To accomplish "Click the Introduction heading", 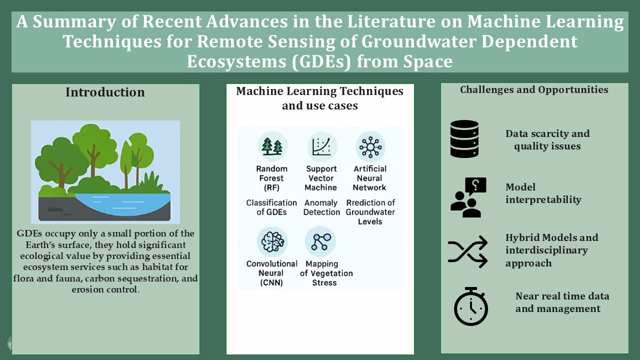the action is pos(105,92).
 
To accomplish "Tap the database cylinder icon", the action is pos(464,139).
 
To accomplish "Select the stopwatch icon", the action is pos(471,306).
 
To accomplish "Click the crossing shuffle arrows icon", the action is pos(467,251).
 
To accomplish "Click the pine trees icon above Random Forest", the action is pos(272,146).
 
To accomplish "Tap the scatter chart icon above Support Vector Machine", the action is pos(321,147).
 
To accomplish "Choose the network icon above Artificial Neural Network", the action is pos(370,147).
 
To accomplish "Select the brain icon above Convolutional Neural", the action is pos(272,241).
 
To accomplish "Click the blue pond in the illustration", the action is pos(123,203).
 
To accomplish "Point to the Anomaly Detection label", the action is pos(321,207).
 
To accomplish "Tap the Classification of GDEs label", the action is pos(271,207).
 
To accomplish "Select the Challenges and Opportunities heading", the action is pos(534,89).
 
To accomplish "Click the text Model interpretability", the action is pos(543,193).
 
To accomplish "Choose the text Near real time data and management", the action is pos(562,302).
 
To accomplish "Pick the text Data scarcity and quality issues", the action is pos(547,139).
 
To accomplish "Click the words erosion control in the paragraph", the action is pos(105,289).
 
